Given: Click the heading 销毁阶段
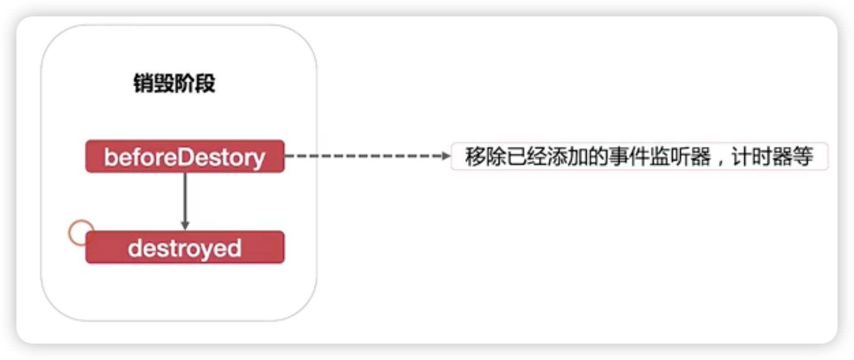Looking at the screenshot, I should [174, 84].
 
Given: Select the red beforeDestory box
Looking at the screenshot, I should [185, 156].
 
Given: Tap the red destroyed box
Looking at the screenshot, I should [185, 248].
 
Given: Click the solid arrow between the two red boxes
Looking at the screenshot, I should [185, 200].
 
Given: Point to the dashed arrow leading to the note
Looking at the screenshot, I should [364, 156].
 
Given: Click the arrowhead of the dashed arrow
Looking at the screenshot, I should [446, 156].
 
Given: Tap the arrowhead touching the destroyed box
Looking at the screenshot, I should [185, 225].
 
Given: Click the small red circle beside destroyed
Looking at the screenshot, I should [81, 233].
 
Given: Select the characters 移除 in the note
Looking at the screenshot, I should [485, 157].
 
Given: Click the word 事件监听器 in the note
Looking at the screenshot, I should [659, 157].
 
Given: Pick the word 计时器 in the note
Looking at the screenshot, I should [762, 157].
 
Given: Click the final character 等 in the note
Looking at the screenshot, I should [803, 157].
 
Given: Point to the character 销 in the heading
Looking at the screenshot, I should [143, 84].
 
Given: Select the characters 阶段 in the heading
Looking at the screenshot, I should [195, 84].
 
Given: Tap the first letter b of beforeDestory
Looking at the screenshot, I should [110, 157].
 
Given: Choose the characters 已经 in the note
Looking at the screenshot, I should [526, 157].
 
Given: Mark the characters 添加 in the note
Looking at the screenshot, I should [567, 157].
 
